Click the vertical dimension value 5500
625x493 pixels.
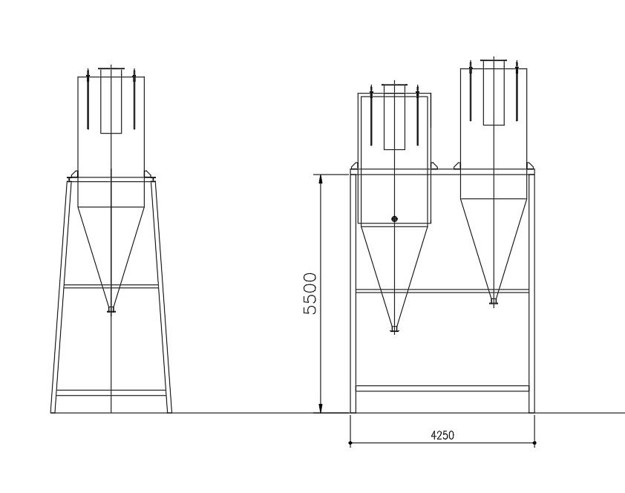tap(310, 293)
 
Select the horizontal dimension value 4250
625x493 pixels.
tap(442, 436)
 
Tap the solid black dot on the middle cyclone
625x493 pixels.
tap(394, 218)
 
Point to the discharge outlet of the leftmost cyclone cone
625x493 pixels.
tap(111, 310)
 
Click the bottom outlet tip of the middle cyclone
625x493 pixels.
tap(394, 329)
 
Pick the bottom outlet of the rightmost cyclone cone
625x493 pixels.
tap(494, 301)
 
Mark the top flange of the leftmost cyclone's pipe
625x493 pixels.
tap(111, 68)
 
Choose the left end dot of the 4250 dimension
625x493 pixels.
tap(350, 443)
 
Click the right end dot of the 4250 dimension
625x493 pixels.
tap(534, 443)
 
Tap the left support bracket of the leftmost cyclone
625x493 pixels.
tap(72, 176)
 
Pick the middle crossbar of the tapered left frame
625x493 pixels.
tap(111, 286)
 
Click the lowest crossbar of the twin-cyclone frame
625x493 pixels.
tap(442, 388)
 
